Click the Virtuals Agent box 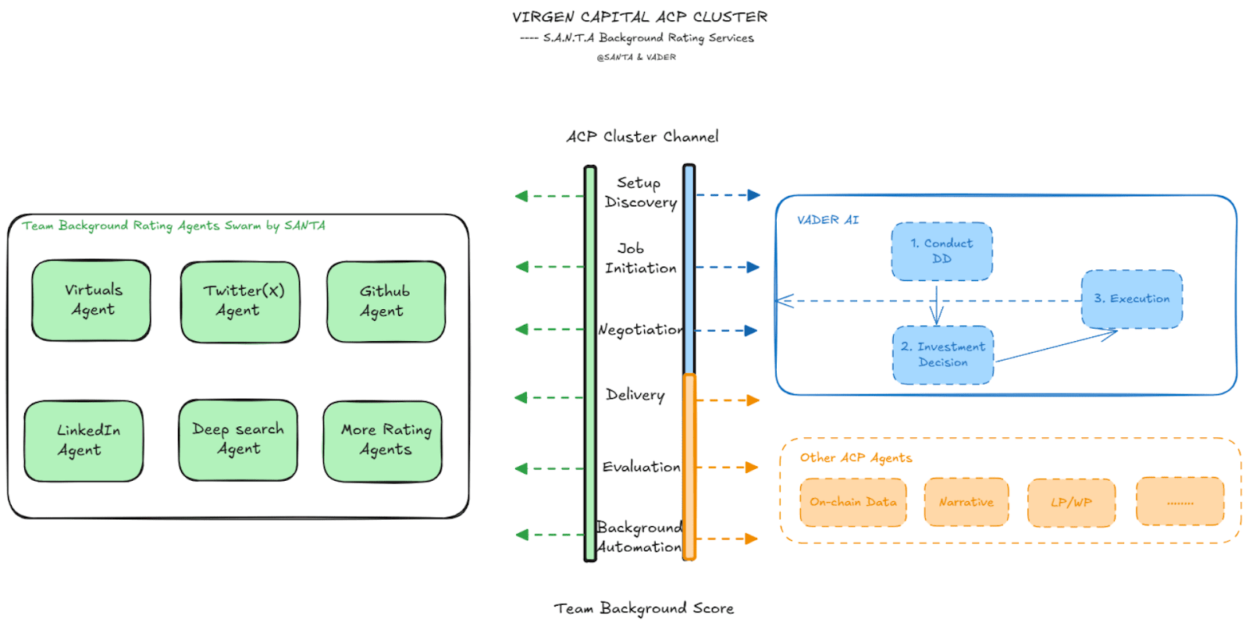point(91,301)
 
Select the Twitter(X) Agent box point(240,301)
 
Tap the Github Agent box point(386,301)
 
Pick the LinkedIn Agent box point(84,441)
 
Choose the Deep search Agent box point(238,440)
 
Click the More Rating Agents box point(383,441)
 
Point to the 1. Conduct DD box point(942,251)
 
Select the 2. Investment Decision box point(943,355)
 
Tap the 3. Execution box point(1132,299)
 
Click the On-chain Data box point(853,503)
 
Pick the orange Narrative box point(966,503)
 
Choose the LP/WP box point(1071,503)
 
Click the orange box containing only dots point(1180,503)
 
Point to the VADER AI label point(827,220)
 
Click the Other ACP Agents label point(856,458)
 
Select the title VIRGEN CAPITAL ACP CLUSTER point(639,17)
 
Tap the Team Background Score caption point(644,609)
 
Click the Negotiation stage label point(640,330)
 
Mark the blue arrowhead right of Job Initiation point(753,267)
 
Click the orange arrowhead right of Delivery point(753,400)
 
